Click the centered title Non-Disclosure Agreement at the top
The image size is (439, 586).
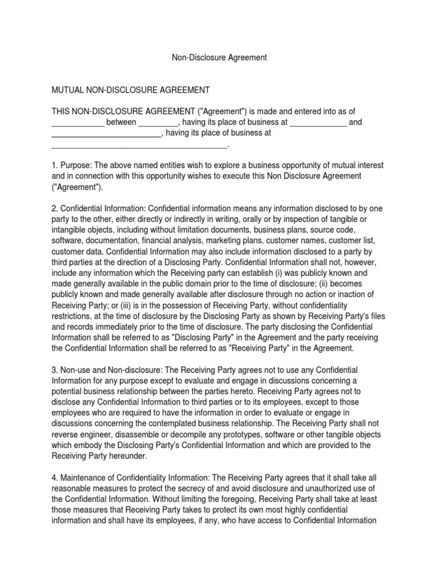tap(219, 58)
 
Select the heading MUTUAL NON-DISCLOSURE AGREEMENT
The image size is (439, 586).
tap(131, 90)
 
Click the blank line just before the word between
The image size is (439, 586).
tap(77, 122)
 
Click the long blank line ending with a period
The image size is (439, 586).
tap(140, 144)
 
